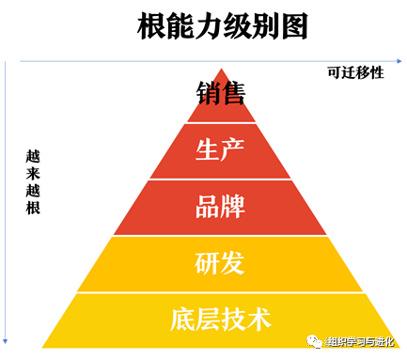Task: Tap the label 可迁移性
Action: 354,72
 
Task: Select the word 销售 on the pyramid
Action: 221,95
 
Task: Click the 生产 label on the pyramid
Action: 221,149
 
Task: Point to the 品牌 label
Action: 221,207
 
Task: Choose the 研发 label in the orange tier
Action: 221,263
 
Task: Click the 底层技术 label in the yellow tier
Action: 221,319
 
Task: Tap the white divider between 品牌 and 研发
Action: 221,235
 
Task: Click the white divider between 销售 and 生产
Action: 221,123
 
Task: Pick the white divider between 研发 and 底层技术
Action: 221,291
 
